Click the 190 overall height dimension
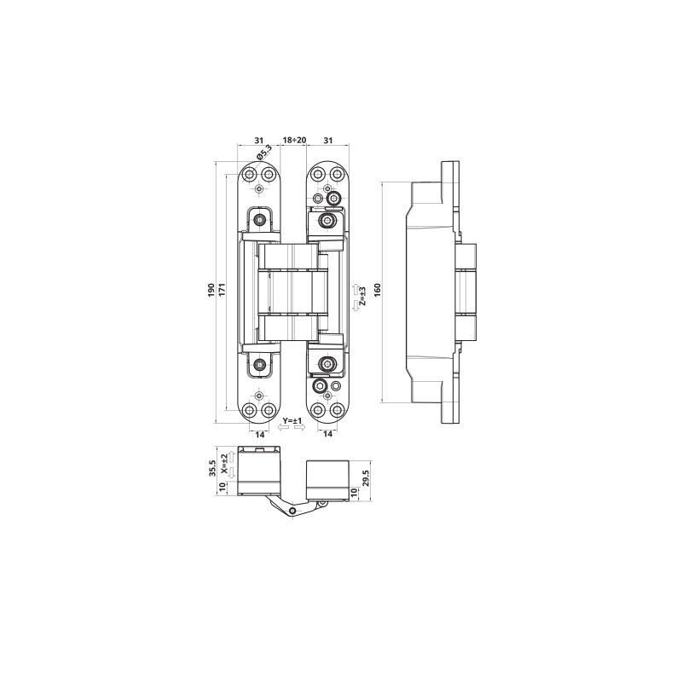(211, 290)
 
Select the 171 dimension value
(222, 290)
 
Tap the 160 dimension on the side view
(377, 290)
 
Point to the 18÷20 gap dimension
(294, 140)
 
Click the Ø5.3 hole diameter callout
(263, 153)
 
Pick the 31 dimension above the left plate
(259, 140)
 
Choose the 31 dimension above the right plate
(328, 140)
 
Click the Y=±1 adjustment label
(292, 420)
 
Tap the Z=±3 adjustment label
(363, 296)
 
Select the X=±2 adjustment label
(223, 464)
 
